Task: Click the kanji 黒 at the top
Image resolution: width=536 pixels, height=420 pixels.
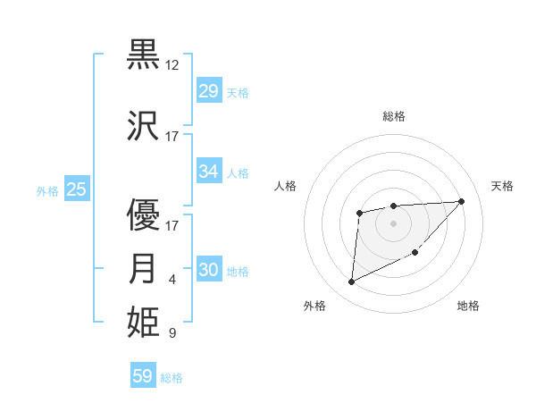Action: (x=144, y=54)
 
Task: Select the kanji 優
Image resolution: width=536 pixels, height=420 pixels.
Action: (x=144, y=215)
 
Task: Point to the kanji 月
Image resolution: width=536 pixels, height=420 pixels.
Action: (x=144, y=268)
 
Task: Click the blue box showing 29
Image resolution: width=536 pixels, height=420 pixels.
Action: (x=208, y=91)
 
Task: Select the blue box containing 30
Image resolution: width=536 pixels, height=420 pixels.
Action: (x=208, y=271)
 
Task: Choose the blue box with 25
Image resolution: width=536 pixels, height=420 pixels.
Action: (x=76, y=189)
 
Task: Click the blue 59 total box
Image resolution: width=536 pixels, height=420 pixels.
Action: (x=142, y=376)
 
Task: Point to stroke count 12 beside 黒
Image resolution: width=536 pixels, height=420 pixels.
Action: (x=172, y=65)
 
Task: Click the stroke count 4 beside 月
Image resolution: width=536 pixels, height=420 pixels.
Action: (x=172, y=281)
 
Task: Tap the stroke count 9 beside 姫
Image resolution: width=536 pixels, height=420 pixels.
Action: (x=172, y=333)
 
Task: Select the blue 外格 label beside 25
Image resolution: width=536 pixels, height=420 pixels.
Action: (x=47, y=190)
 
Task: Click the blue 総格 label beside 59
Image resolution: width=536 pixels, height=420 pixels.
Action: (x=172, y=378)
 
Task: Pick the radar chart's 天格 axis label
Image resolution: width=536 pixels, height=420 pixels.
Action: (x=503, y=186)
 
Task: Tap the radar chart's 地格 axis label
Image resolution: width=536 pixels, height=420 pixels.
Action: (x=468, y=306)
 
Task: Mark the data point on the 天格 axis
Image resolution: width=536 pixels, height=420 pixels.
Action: (x=461, y=201)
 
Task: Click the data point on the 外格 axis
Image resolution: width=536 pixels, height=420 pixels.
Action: (x=351, y=282)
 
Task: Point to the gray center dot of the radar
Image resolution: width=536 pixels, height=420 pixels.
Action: (x=393, y=223)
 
